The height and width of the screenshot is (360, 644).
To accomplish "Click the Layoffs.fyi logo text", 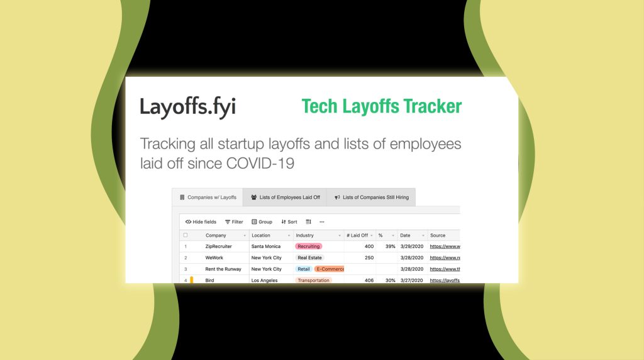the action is pyautogui.click(x=187, y=107).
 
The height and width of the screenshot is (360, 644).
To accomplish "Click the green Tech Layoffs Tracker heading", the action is pyautogui.click(x=382, y=106).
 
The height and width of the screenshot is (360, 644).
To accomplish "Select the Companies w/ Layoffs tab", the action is pyautogui.click(x=208, y=197).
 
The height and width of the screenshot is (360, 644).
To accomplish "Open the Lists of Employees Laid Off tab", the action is pyautogui.click(x=286, y=197).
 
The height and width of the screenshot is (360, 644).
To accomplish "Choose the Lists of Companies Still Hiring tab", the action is pyautogui.click(x=371, y=197).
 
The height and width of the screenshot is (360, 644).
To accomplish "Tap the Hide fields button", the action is pyautogui.click(x=201, y=222).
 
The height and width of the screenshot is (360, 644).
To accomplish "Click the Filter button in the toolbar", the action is pyautogui.click(x=234, y=222).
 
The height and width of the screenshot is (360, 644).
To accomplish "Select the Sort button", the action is pyautogui.click(x=289, y=222).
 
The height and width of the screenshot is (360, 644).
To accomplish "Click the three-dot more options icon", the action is pyautogui.click(x=322, y=222).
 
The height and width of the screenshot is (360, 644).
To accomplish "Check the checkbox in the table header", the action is pyautogui.click(x=186, y=235).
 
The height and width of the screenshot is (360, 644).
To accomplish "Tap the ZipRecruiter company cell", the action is pyautogui.click(x=218, y=247).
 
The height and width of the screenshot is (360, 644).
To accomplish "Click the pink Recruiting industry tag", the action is pyautogui.click(x=308, y=247).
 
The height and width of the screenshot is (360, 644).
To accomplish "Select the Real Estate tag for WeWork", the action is pyautogui.click(x=309, y=257).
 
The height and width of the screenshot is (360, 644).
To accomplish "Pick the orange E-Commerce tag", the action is pyautogui.click(x=330, y=269).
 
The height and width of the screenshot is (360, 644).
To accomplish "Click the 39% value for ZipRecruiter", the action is pyautogui.click(x=390, y=247).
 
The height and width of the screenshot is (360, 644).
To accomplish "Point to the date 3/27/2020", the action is pyautogui.click(x=411, y=280).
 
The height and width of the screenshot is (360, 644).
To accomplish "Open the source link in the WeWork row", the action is pyautogui.click(x=445, y=257).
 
